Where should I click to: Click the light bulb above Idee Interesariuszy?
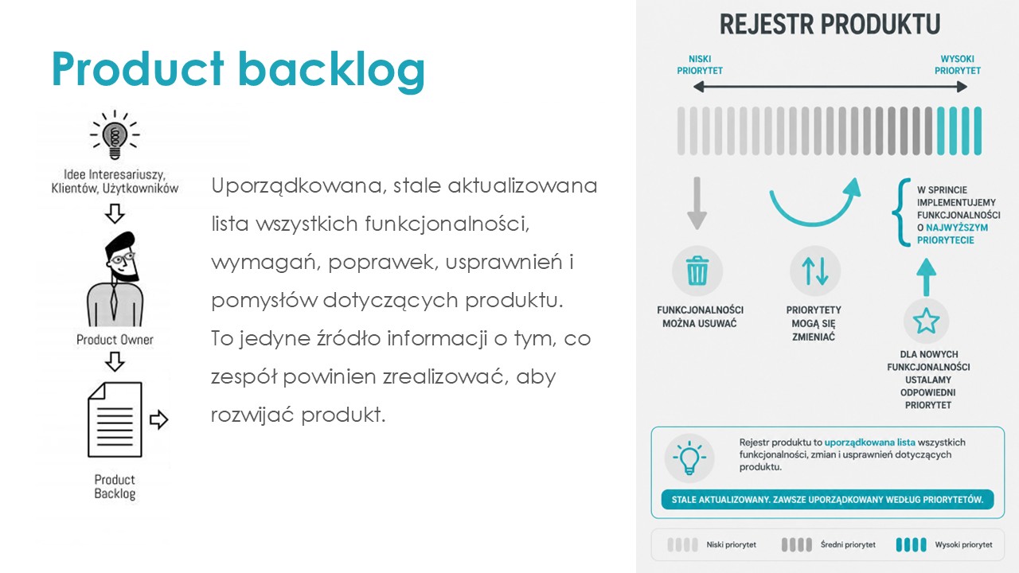tap(115, 135)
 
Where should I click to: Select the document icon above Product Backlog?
tap(115, 419)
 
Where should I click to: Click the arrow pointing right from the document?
tap(158, 419)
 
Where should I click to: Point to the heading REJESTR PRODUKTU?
tap(830, 24)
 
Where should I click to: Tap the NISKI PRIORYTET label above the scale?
tap(700, 65)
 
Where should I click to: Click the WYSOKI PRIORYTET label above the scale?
tap(957, 65)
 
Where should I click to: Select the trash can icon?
tap(697, 271)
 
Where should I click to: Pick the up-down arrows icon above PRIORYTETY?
tap(814, 271)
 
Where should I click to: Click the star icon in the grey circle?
tap(926, 321)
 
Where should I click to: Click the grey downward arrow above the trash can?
tap(697, 203)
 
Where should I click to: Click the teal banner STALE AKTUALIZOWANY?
tap(827, 500)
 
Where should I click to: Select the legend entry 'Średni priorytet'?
tap(829, 544)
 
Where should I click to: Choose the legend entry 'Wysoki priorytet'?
tap(944, 544)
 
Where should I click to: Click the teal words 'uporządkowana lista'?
tap(869, 442)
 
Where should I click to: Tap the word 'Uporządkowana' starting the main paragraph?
tap(297, 186)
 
